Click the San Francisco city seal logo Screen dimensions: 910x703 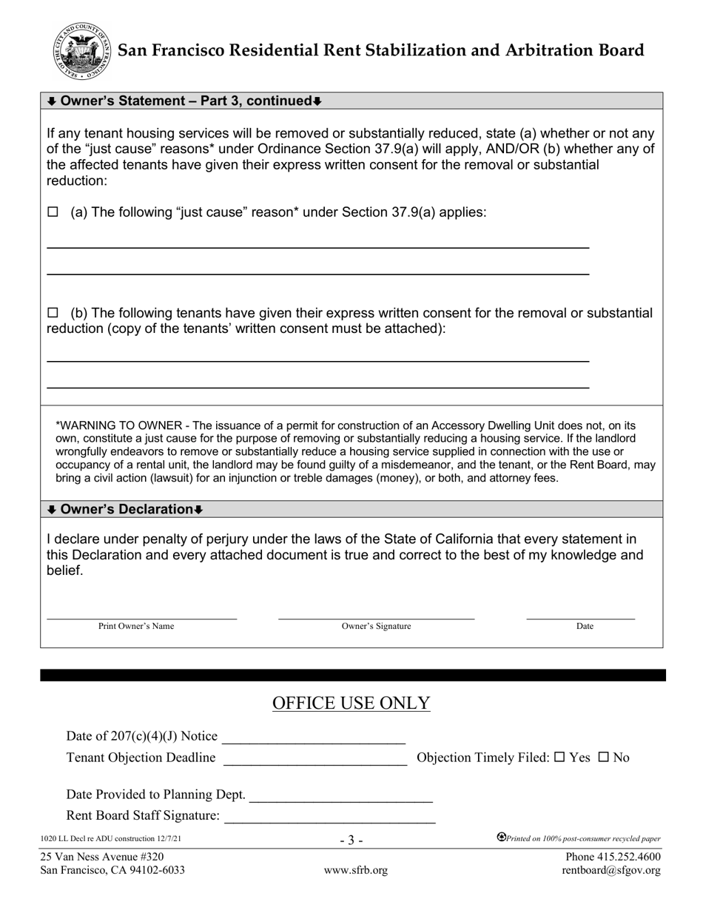click(82, 51)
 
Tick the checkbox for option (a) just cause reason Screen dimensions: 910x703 click(53, 212)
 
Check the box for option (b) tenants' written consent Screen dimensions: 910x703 click(53, 313)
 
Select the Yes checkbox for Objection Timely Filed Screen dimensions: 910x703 click(559, 757)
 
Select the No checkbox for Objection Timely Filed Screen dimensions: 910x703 click(603, 757)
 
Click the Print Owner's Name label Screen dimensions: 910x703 click(136, 626)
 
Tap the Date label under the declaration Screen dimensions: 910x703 click(585, 626)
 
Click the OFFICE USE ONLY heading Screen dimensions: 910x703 click(351, 703)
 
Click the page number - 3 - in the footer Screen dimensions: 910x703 click(351, 840)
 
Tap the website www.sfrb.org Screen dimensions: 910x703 click(355, 870)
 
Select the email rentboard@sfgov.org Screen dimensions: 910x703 click(610, 870)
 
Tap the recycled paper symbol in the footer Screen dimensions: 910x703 click(501, 837)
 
